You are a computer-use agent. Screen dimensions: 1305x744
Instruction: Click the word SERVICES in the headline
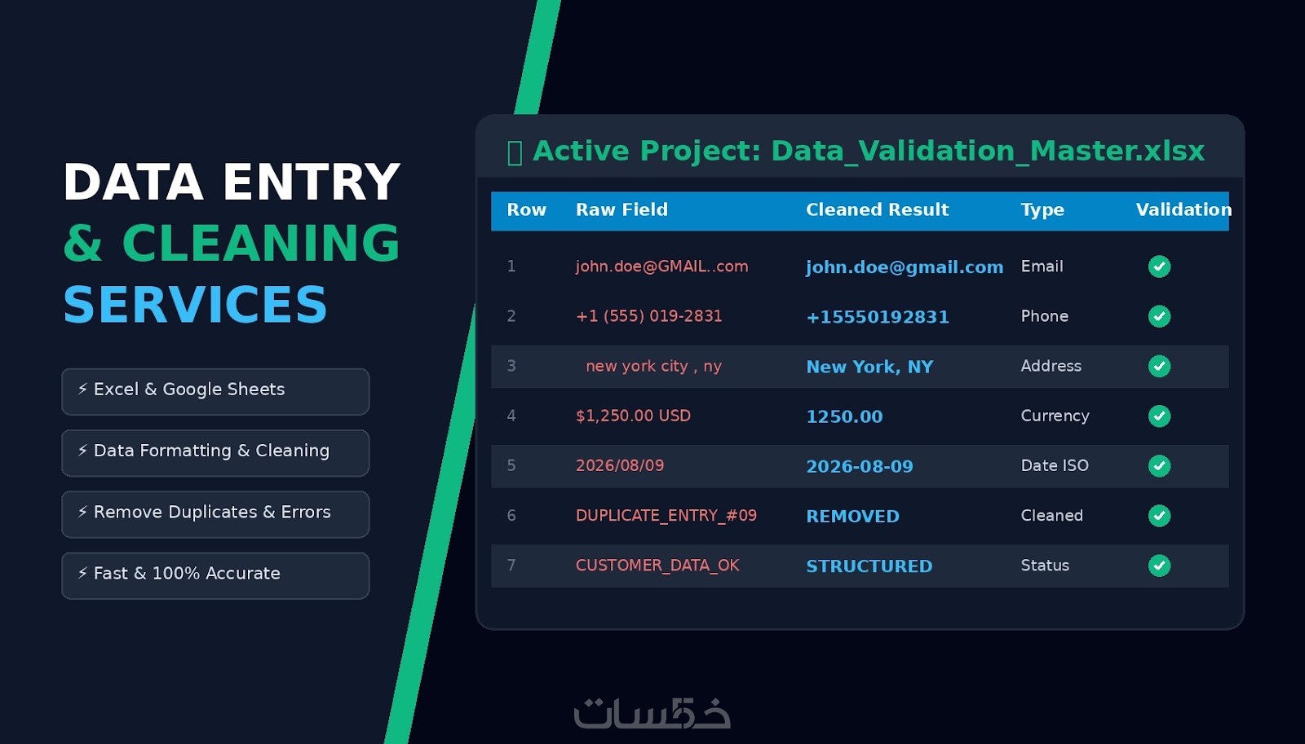pyautogui.click(x=195, y=305)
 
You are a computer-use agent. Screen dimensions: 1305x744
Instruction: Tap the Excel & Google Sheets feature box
pyautogui.click(x=215, y=391)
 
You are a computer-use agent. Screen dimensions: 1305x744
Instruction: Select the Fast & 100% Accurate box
pyautogui.click(x=215, y=575)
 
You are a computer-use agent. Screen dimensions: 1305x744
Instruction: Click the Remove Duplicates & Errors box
pyautogui.click(x=215, y=514)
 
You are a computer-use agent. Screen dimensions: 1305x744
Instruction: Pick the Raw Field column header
pyautogui.click(x=622, y=209)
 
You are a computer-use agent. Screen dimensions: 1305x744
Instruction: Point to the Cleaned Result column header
pyautogui.click(x=878, y=209)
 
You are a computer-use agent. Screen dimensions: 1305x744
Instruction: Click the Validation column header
pyautogui.click(x=1183, y=209)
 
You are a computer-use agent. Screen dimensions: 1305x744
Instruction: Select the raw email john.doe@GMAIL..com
pyautogui.click(x=661, y=266)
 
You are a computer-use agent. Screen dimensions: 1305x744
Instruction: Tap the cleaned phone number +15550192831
pyautogui.click(x=878, y=317)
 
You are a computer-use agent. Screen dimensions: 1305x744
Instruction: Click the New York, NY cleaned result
pyautogui.click(x=869, y=367)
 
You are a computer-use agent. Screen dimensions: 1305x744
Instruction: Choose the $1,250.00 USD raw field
pyautogui.click(x=633, y=416)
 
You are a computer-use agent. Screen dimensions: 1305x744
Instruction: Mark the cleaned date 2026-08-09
pyautogui.click(x=860, y=466)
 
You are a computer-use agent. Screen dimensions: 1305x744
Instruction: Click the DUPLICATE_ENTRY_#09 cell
pyautogui.click(x=666, y=516)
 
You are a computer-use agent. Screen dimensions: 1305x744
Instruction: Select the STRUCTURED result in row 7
pyautogui.click(x=869, y=566)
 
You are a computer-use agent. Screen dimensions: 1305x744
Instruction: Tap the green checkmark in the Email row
pyautogui.click(x=1159, y=266)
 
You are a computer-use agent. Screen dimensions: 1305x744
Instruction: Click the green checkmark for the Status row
pyautogui.click(x=1159, y=566)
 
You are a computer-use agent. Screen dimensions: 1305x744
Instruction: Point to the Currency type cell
pyautogui.click(x=1055, y=416)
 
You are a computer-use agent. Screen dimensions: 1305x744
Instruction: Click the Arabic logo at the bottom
pyautogui.click(x=652, y=712)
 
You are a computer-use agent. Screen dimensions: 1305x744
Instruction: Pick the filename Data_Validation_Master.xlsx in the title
pyautogui.click(x=988, y=152)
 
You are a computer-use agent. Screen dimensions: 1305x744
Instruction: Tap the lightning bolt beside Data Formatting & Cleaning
pyautogui.click(x=82, y=450)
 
